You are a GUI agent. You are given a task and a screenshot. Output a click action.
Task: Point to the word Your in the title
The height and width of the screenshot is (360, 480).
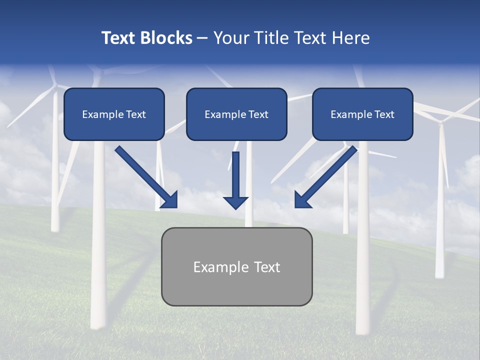click(231, 38)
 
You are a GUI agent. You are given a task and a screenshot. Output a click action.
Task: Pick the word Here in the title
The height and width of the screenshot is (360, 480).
click(350, 38)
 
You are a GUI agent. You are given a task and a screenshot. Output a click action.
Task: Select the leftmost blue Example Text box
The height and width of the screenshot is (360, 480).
click(114, 114)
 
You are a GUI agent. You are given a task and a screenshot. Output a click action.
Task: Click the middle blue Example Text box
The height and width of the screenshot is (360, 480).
click(236, 114)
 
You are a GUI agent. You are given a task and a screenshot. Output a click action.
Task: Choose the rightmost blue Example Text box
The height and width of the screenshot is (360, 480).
click(362, 114)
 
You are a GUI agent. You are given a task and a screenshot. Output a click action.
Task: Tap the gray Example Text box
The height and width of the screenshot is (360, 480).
click(236, 266)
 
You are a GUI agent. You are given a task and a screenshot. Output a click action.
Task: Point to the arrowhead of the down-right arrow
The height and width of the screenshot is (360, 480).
click(170, 200)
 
